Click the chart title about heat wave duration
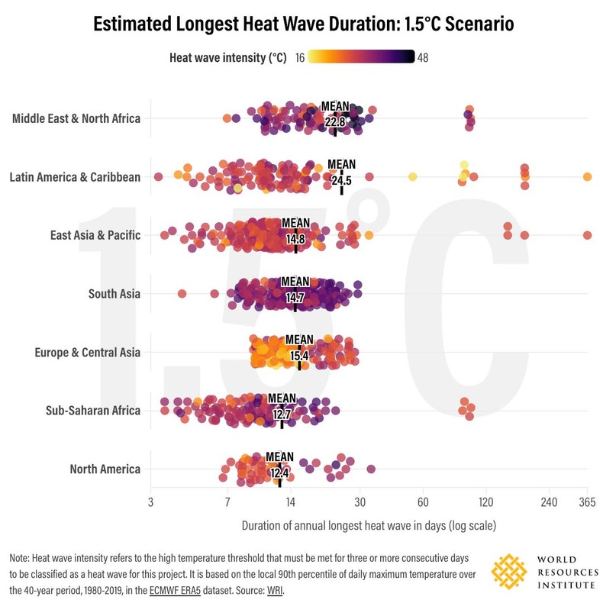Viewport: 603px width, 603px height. tap(303, 24)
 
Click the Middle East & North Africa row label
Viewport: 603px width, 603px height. tap(76, 118)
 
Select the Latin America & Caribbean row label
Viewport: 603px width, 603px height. tap(75, 177)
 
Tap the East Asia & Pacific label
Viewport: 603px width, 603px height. tap(95, 235)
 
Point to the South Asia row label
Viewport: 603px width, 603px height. tap(114, 294)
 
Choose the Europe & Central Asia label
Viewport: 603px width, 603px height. tap(88, 353)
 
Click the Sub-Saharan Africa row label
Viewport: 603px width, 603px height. tap(94, 411)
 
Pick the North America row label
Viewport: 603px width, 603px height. tap(105, 469)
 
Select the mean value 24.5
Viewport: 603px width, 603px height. tap(341, 181)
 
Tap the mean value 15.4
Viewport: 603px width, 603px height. tap(299, 356)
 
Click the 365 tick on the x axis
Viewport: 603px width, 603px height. tap(586, 502)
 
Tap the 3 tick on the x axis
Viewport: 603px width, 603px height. tap(151, 502)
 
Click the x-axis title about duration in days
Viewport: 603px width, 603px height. tap(369, 525)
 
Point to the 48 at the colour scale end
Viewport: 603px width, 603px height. tap(423, 57)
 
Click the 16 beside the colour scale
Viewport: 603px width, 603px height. tap(301, 57)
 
